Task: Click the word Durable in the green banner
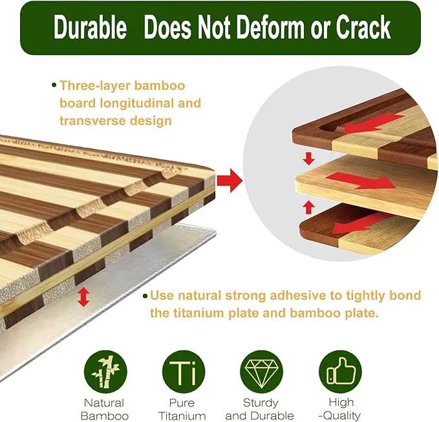click(90, 27)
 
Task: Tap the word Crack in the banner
click(363, 27)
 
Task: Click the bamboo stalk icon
click(105, 372)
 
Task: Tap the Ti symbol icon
click(184, 372)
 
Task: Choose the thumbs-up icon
click(340, 372)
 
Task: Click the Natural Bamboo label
click(105, 410)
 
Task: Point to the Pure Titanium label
click(182, 410)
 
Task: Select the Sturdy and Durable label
click(260, 410)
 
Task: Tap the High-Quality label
click(341, 409)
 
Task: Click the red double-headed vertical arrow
click(83, 297)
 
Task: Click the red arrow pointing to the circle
click(230, 181)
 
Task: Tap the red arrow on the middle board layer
click(361, 180)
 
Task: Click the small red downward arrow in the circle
click(309, 159)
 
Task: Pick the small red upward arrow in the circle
click(309, 207)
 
